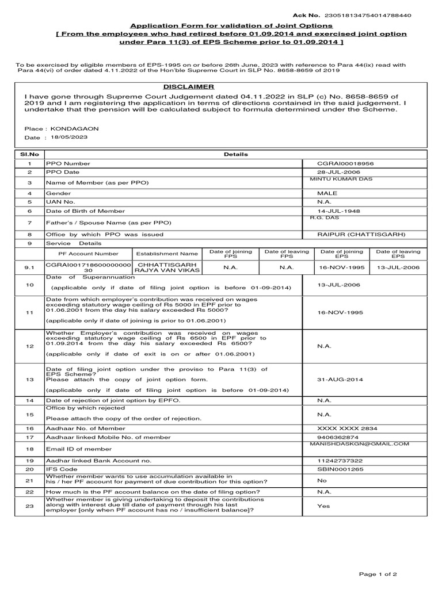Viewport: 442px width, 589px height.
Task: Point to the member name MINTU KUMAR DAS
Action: click(x=341, y=179)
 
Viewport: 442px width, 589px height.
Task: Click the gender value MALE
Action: click(x=327, y=194)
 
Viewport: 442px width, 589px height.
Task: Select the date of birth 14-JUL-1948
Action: click(x=339, y=211)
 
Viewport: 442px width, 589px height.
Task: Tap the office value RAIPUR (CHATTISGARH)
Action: click(x=361, y=235)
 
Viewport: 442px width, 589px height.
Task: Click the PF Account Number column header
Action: click(x=88, y=253)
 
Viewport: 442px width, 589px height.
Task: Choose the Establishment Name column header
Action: click(x=167, y=253)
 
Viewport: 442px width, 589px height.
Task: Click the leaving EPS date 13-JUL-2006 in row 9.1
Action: click(x=398, y=267)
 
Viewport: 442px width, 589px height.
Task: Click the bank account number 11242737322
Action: click(x=340, y=461)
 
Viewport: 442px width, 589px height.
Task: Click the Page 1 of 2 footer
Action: click(x=378, y=574)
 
